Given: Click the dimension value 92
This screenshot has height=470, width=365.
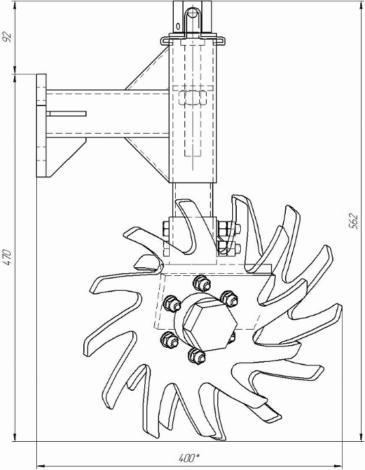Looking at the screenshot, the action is tap(7, 36).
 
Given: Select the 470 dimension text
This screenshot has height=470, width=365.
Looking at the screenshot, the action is tap(7, 257).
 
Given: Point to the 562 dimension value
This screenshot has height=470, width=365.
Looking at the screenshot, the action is tap(354, 221).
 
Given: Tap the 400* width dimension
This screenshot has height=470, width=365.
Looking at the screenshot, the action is tap(189, 458).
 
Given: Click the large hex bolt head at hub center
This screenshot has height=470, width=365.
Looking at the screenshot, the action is tap(209, 326).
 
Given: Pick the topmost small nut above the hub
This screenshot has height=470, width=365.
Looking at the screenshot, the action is tap(201, 283).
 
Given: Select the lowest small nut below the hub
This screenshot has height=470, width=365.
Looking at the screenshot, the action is tap(197, 355).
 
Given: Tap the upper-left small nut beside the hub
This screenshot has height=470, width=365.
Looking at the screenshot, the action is tap(172, 303).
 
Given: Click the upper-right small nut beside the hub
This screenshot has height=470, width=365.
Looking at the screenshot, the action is tap(229, 298).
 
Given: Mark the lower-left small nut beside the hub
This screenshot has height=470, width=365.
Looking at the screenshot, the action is tap(170, 339).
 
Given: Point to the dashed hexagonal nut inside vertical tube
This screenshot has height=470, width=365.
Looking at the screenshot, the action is tap(192, 98).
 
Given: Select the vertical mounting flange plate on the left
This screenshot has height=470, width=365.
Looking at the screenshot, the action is tap(42, 126).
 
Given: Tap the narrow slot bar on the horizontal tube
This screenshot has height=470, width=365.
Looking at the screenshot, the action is tap(66, 113).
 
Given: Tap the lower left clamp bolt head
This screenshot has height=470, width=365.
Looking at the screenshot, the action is tap(166, 249).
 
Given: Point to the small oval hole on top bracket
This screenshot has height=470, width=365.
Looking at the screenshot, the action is tap(178, 27).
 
